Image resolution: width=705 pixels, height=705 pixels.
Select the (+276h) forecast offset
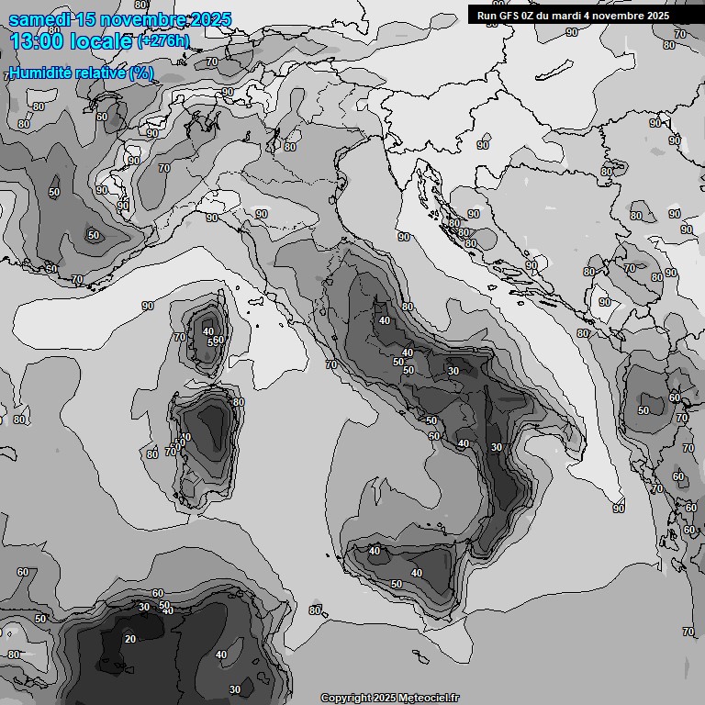163,41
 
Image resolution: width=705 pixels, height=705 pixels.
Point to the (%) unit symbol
141,73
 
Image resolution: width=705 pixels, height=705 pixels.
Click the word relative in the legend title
98,73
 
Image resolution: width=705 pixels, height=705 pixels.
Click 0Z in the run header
532,16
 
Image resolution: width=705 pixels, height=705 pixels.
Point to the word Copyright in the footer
347,698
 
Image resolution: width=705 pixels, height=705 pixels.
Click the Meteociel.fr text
428,698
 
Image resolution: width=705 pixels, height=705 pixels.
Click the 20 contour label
130,639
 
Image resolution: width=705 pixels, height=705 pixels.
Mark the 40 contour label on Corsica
208,331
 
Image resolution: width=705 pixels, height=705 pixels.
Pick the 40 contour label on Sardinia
185,437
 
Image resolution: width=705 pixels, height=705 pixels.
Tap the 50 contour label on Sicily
397,584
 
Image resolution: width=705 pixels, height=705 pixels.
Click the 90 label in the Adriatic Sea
404,237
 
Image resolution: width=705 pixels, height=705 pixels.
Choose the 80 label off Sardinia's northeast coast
239,402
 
